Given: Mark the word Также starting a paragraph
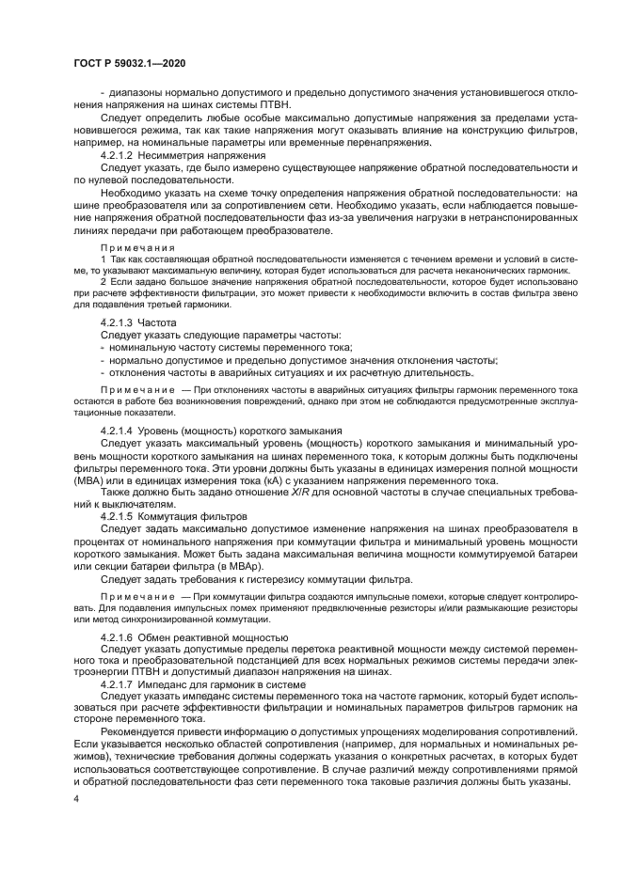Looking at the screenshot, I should [x=115, y=492].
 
